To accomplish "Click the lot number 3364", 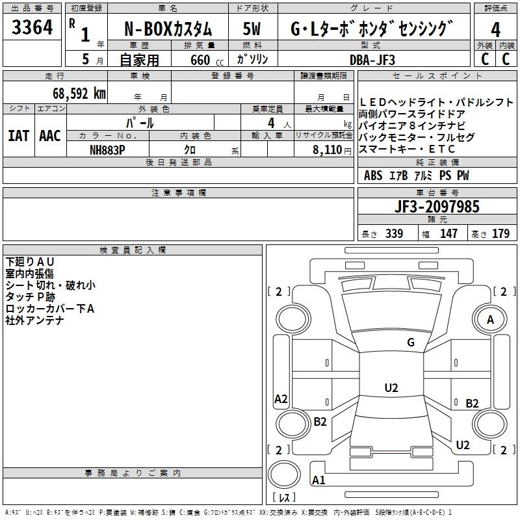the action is click(32, 29).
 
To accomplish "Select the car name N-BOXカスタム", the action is click(168, 29).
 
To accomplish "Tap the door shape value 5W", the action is click(252, 29).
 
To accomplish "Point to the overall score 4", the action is click(495, 29).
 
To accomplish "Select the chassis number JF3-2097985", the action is click(437, 207).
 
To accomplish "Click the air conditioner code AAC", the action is click(50, 135).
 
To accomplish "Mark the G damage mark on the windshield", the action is click(410, 343).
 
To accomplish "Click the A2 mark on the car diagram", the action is click(281, 399).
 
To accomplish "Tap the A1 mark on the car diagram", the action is click(318, 480).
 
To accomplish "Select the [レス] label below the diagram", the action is click(283, 499).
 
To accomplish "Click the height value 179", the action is click(500, 234).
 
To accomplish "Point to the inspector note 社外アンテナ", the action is click(34, 320).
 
